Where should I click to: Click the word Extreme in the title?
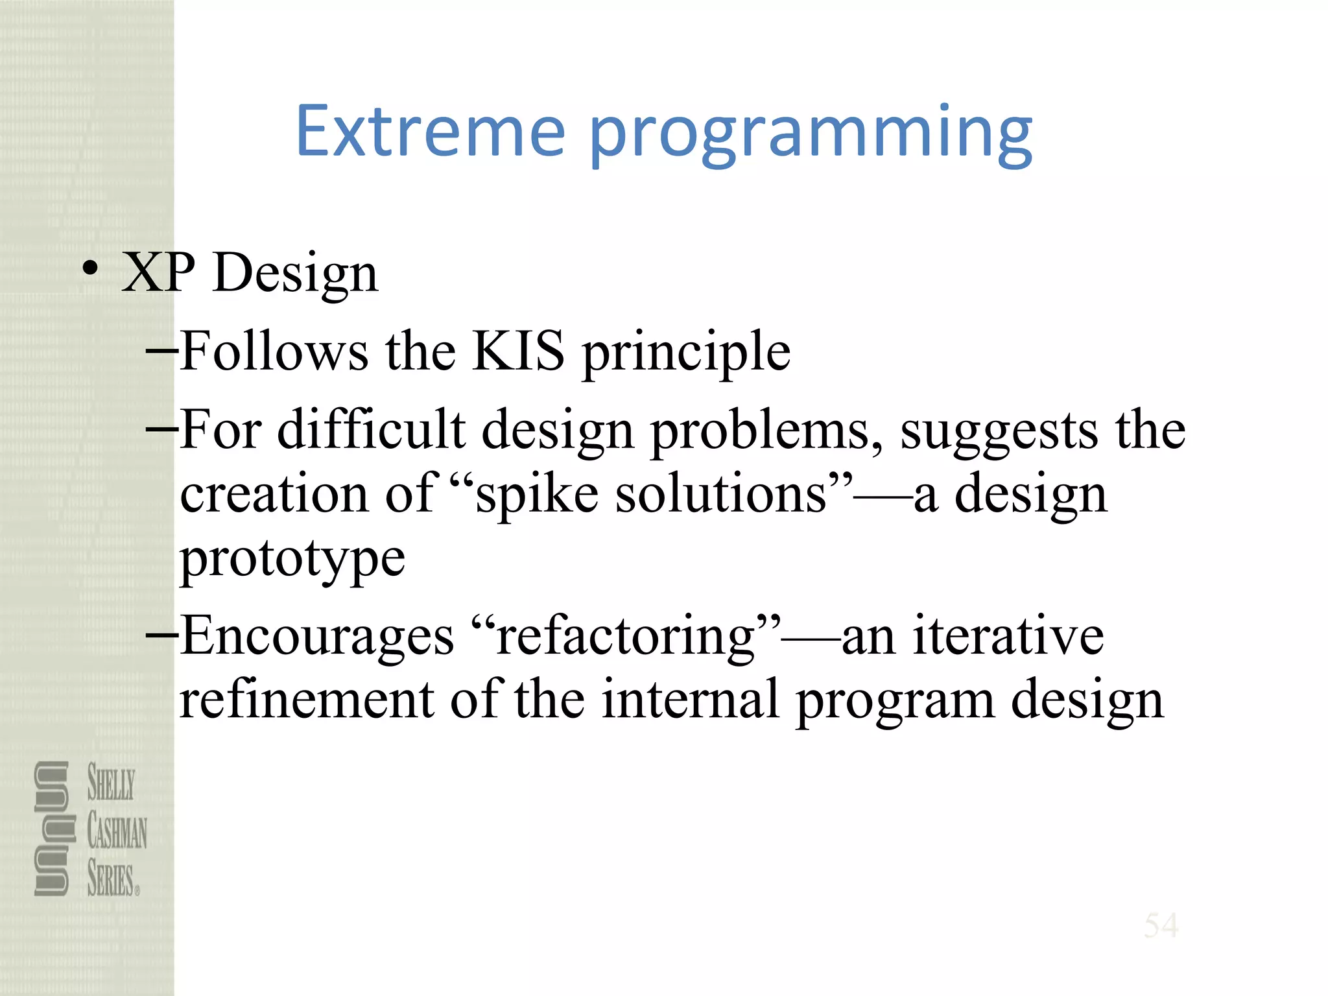pyautogui.click(x=431, y=133)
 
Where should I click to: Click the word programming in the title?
pyautogui.click(x=811, y=136)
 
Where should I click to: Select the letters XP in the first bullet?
pyautogui.click(x=158, y=272)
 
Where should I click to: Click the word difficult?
pyautogui.click(x=371, y=430)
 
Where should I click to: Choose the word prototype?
pyautogui.click(x=292, y=560)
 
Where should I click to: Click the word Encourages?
pyautogui.click(x=317, y=637)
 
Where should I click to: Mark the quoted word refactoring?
pyautogui.click(x=626, y=638)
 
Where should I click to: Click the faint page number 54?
pyautogui.click(x=1161, y=925)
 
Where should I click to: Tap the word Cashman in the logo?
pyautogui.click(x=117, y=831)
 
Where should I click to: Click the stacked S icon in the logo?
pyautogui.click(x=52, y=829)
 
